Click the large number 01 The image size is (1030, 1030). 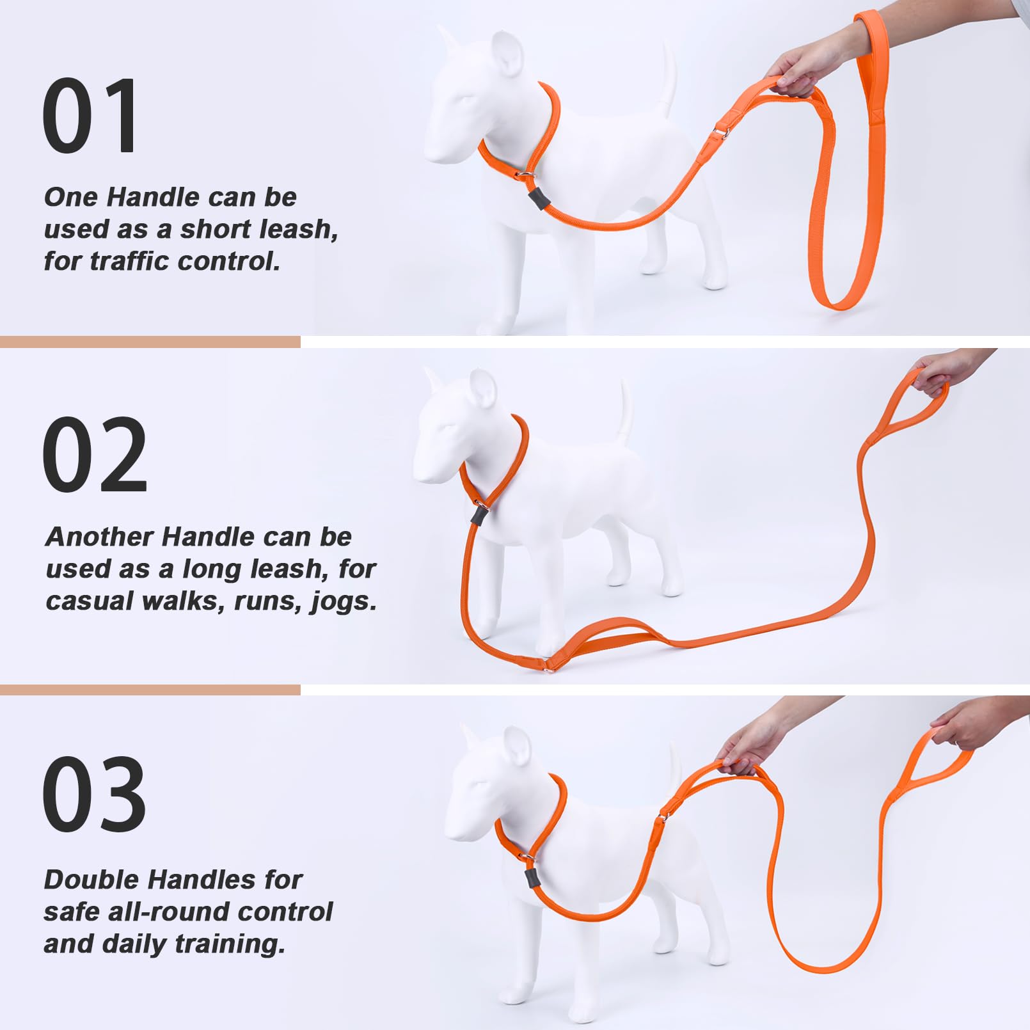point(90,116)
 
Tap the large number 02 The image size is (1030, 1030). point(95,455)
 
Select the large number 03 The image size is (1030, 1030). point(94,794)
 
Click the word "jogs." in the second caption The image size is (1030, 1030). point(343,601)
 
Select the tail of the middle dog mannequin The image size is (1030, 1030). point(624,413)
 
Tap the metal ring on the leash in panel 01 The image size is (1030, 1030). point(721,133)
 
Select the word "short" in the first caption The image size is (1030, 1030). point(216,229)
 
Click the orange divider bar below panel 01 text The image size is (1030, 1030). point(150,342)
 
